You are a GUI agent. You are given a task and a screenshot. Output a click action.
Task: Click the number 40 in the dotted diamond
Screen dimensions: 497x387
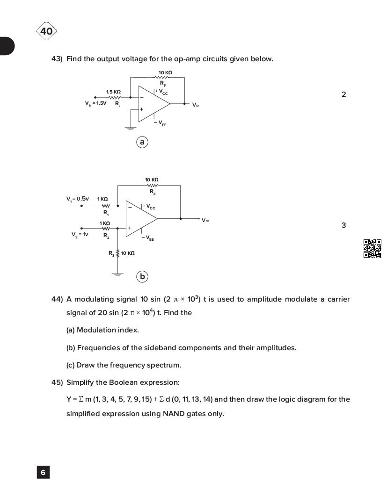click(x=46, y=31)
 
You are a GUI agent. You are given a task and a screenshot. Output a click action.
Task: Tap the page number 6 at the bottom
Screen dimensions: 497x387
click(x=43, y=472)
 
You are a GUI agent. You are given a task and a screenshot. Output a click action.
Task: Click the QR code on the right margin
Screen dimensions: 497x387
click(x=372, y=248)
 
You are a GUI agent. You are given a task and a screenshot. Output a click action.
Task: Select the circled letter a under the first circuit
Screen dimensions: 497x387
click(x=142, y=142)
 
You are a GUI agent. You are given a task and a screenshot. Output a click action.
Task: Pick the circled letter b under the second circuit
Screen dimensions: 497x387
click(x=142, y=276)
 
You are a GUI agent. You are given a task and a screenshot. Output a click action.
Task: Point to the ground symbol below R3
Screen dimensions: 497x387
click(x=117, y=274)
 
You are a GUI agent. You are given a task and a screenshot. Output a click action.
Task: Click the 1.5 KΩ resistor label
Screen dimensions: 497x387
click(x=113, y=92)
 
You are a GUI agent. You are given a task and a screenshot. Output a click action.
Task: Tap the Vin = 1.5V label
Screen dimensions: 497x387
click(x=95, y=103)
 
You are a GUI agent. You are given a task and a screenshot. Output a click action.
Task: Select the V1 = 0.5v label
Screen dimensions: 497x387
click(x=77, y=199)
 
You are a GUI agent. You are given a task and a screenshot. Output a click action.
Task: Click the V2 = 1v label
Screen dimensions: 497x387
click(x=80, y=234)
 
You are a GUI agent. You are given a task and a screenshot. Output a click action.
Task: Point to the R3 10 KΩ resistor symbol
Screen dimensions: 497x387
click(x=117, y=253)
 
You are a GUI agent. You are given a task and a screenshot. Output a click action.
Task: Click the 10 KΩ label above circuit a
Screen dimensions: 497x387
click(x=165, y=72)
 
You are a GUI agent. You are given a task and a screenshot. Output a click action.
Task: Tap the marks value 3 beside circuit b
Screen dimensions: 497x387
click(x=343, y=225)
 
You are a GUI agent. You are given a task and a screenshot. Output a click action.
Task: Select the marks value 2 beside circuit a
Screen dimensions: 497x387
click(x=343, y=94)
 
